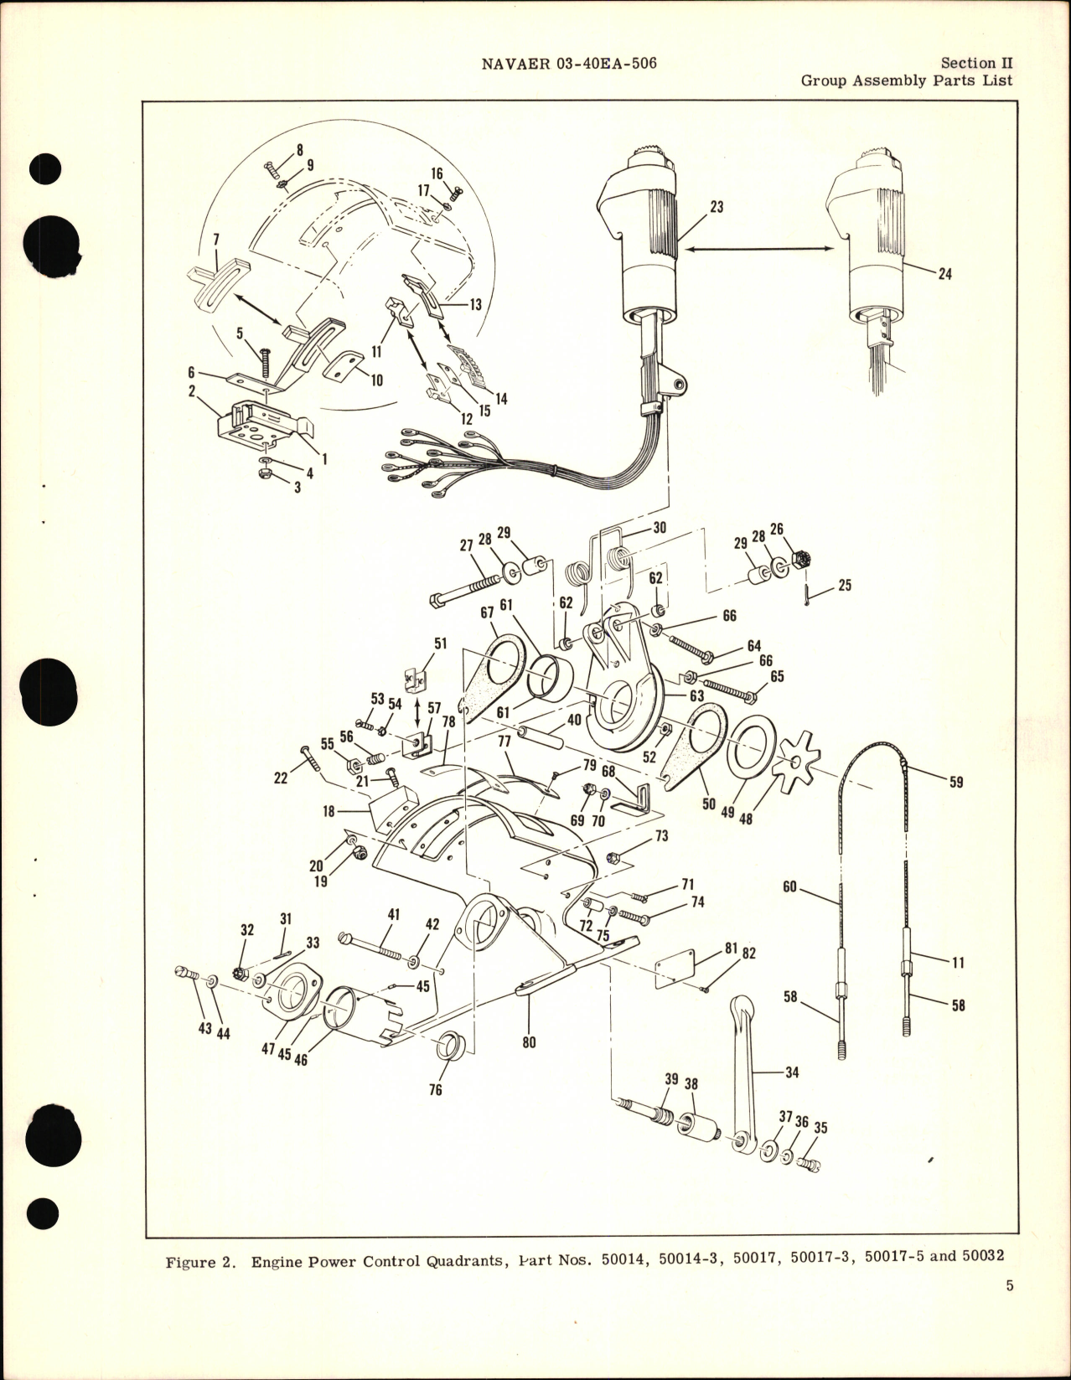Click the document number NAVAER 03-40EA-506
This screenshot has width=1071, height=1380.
pyautogui.click(x=569, y=64)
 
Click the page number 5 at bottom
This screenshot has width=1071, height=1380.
pyautogui.click(x=1010, y=1309)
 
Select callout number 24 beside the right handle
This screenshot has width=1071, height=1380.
pyautogui.click(x=944, y=274)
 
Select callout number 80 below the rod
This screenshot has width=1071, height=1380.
pyautogui.click(x=529, y=1043)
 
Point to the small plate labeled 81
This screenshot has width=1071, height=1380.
pyautogui.click(x=676, y=964)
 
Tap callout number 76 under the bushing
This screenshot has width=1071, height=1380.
pyautogui.click(x=435, y=1089)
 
